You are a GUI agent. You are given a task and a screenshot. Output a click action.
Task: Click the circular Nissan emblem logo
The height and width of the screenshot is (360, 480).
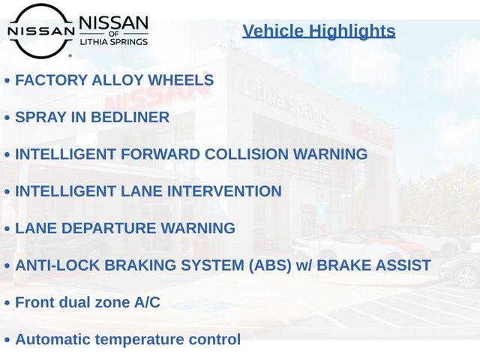point(41,31)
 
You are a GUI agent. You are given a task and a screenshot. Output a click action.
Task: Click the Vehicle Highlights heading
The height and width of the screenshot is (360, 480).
point(319,31)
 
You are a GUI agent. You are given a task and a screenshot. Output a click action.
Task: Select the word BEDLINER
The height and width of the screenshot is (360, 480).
point(130,117)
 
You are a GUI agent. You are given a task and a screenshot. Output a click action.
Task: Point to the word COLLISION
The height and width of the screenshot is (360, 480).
point(247,154)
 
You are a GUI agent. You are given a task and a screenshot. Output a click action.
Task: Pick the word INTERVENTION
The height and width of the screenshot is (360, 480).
point(224,191)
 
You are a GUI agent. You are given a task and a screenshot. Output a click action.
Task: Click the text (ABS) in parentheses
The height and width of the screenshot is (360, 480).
point(270,265)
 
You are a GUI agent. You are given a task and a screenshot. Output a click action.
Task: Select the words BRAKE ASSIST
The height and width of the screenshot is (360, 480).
point(373,265)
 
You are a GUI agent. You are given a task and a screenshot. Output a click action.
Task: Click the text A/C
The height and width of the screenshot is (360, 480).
point(147,302)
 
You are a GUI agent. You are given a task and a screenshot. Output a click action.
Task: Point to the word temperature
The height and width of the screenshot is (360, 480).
point(139,340)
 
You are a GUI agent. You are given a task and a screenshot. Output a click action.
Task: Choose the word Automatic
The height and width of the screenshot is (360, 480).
point(53,340)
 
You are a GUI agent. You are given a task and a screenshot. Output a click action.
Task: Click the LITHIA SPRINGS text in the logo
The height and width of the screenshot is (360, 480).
point(114,42)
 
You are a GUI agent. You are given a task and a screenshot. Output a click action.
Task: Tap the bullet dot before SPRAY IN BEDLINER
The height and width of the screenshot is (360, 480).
point(7,118)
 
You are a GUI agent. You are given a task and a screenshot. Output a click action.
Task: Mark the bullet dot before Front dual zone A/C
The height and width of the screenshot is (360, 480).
point(7,303)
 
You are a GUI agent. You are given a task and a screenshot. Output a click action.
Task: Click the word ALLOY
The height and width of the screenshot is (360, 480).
point(118,80)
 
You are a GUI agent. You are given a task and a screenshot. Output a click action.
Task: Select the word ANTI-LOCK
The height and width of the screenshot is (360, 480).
point(58,265)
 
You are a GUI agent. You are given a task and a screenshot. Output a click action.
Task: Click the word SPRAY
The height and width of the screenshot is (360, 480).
point(40,117)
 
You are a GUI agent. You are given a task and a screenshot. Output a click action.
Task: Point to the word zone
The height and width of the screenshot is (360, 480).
point(112,303)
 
